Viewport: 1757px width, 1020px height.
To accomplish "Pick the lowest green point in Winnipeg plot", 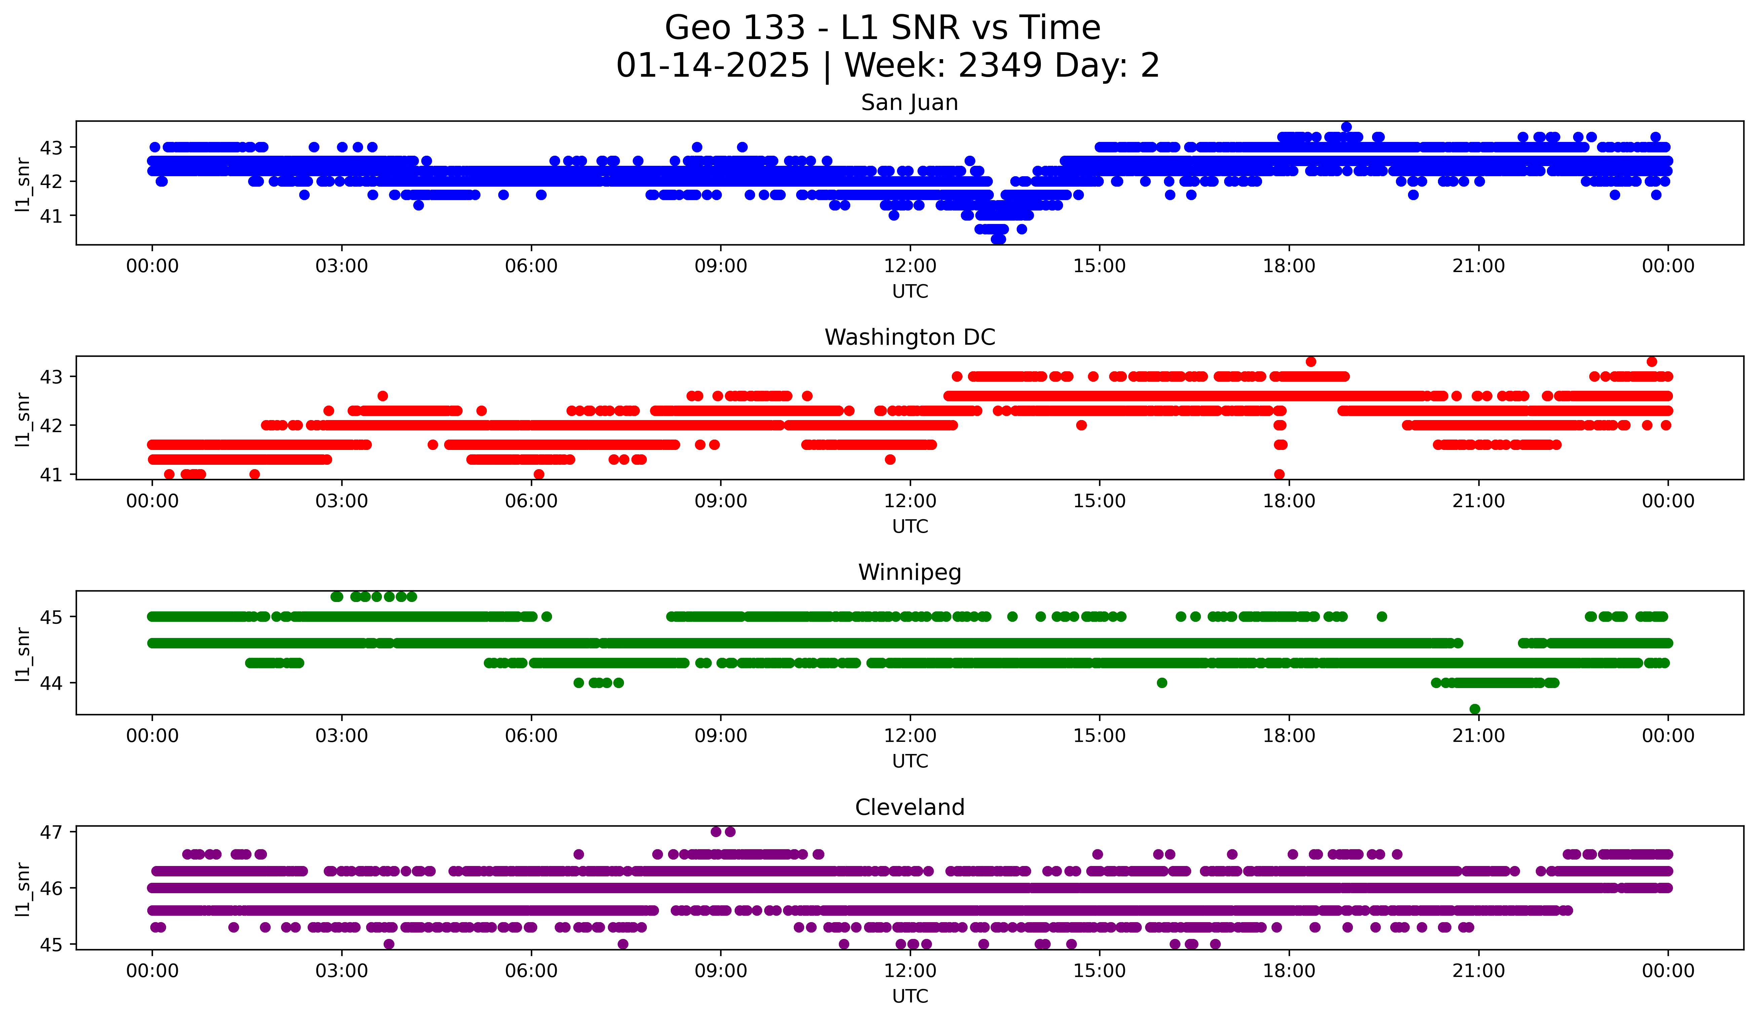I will pos(1475,709).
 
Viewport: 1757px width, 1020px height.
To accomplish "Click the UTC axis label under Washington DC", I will pos(910,526).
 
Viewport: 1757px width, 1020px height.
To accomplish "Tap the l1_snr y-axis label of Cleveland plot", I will pos(22,889).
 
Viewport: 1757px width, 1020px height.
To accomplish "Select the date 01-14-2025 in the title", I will pos(712,66).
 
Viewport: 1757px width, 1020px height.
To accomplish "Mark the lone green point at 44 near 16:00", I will pos(1162,683).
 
